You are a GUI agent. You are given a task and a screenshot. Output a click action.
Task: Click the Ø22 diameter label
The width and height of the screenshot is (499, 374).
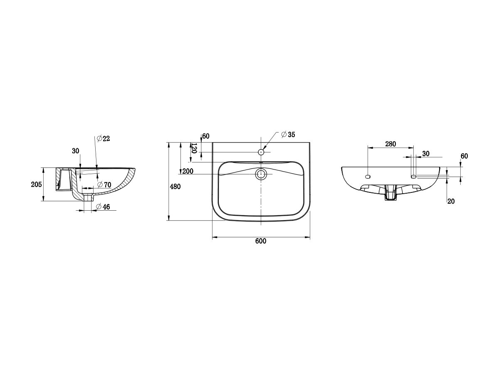click(x=103, y=139)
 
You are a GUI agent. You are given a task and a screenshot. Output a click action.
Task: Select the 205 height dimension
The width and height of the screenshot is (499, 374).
click(x=37, y=185)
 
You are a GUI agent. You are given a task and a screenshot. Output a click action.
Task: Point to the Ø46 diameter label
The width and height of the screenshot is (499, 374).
click(x=103, y=207)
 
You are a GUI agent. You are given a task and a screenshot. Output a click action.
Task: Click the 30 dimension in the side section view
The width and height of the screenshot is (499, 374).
click(x=75, y=151)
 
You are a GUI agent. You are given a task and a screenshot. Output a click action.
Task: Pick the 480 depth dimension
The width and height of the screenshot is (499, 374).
click(x=175, y=187)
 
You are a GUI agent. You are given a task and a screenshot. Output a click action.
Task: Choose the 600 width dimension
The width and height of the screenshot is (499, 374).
click(x=261, y=241)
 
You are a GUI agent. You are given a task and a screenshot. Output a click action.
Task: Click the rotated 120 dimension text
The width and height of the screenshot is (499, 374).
click(x=194, y=148)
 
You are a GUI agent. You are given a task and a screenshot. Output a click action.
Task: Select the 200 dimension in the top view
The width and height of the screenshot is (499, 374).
click(x=188, y=171)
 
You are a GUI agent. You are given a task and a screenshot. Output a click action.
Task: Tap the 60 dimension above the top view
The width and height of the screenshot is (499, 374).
click(x=206, y=136)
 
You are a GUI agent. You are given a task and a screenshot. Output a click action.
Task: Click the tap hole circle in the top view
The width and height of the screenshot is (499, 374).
click(x=261, y=152)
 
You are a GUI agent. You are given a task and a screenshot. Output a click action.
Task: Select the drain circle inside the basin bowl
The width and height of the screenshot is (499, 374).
click(x=261, y=174)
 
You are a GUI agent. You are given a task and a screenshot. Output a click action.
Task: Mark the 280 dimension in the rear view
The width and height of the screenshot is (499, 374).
click(x=390, y=144)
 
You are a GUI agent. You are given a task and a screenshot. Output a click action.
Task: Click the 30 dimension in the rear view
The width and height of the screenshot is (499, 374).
click(x=425, y=154)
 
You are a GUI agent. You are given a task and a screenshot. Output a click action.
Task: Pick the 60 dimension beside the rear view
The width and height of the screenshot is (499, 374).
click(x=464, y=156)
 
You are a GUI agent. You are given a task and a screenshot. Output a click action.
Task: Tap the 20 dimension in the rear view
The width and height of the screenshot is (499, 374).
click(x=451, y=201)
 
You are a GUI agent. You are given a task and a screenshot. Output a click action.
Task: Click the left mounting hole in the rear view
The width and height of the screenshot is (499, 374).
click(x=368, y=177)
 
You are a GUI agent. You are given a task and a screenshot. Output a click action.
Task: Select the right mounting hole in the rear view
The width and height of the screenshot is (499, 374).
click(x=414, y=177)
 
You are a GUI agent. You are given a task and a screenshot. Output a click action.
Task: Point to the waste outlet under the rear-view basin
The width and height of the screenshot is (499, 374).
click(x=390, y=194)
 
